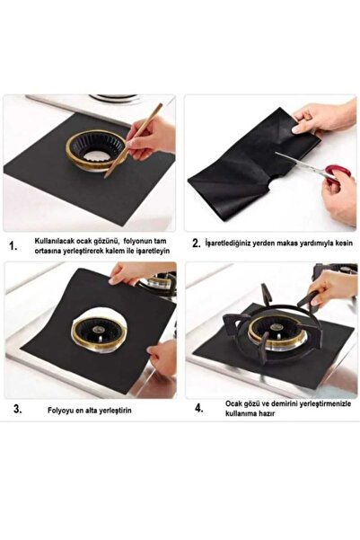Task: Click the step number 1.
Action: (x=13, y=246)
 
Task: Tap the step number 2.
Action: (x=197, y=243)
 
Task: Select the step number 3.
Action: (x=18, y=409)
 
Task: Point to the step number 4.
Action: (x=199, y=409)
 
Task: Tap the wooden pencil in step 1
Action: (x=134, y=140)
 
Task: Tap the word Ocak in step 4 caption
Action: (x=233, y=403)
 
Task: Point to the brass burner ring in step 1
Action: (x=96, y=150)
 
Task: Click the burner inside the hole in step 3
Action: (x=99, y=333)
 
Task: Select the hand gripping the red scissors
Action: (x=339, y=197)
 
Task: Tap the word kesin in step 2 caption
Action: (x=344, y=243)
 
